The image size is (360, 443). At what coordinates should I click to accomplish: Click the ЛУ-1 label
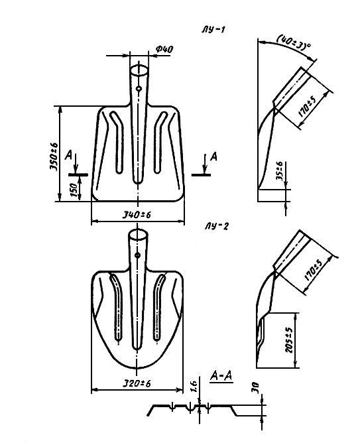213,30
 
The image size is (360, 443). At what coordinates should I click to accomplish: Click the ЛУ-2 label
216,226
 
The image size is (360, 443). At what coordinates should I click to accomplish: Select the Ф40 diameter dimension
164,50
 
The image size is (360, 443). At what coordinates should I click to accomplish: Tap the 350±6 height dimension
54,156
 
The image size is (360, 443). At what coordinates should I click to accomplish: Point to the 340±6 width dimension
137,215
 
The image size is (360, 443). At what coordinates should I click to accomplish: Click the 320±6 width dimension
137,383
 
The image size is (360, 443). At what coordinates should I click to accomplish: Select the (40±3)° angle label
293,42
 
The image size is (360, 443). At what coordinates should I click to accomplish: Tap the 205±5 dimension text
290,340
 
